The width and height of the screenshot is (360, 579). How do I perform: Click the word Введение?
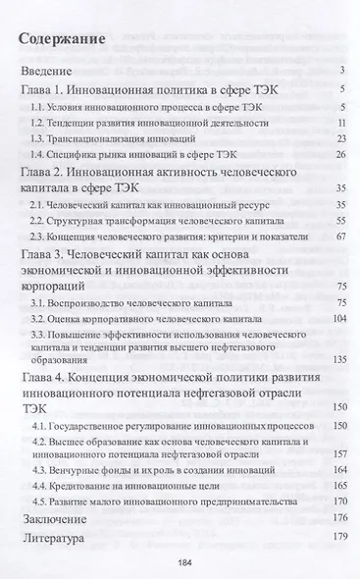pos(49,72)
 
